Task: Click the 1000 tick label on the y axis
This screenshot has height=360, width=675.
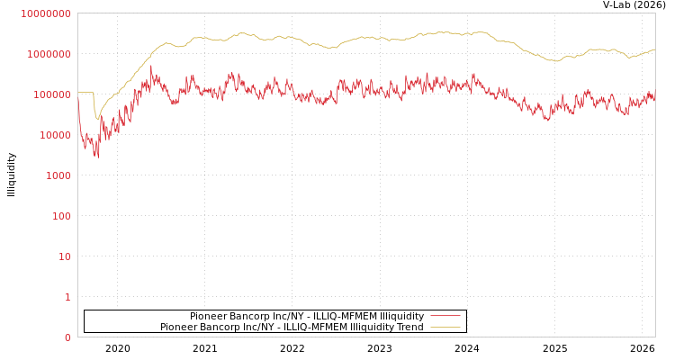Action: coord(58,175)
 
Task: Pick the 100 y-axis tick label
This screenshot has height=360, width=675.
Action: coord(60,216)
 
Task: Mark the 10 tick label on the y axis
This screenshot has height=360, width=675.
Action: coord(64,256)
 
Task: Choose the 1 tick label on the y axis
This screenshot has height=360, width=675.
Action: coord(67,297)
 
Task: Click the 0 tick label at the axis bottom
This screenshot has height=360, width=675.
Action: coord(67,337)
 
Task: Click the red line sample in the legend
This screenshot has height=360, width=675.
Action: coord(445,316)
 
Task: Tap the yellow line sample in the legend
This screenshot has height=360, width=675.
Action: coord(445,327)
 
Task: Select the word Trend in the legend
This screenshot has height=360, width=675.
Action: coord(408,327)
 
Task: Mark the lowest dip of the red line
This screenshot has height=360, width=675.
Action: coord(98,157)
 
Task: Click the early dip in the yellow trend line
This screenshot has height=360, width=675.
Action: coord(97,118)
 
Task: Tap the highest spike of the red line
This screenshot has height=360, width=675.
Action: coord(151,67)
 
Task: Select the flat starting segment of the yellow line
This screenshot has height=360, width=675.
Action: coord(85,92)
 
